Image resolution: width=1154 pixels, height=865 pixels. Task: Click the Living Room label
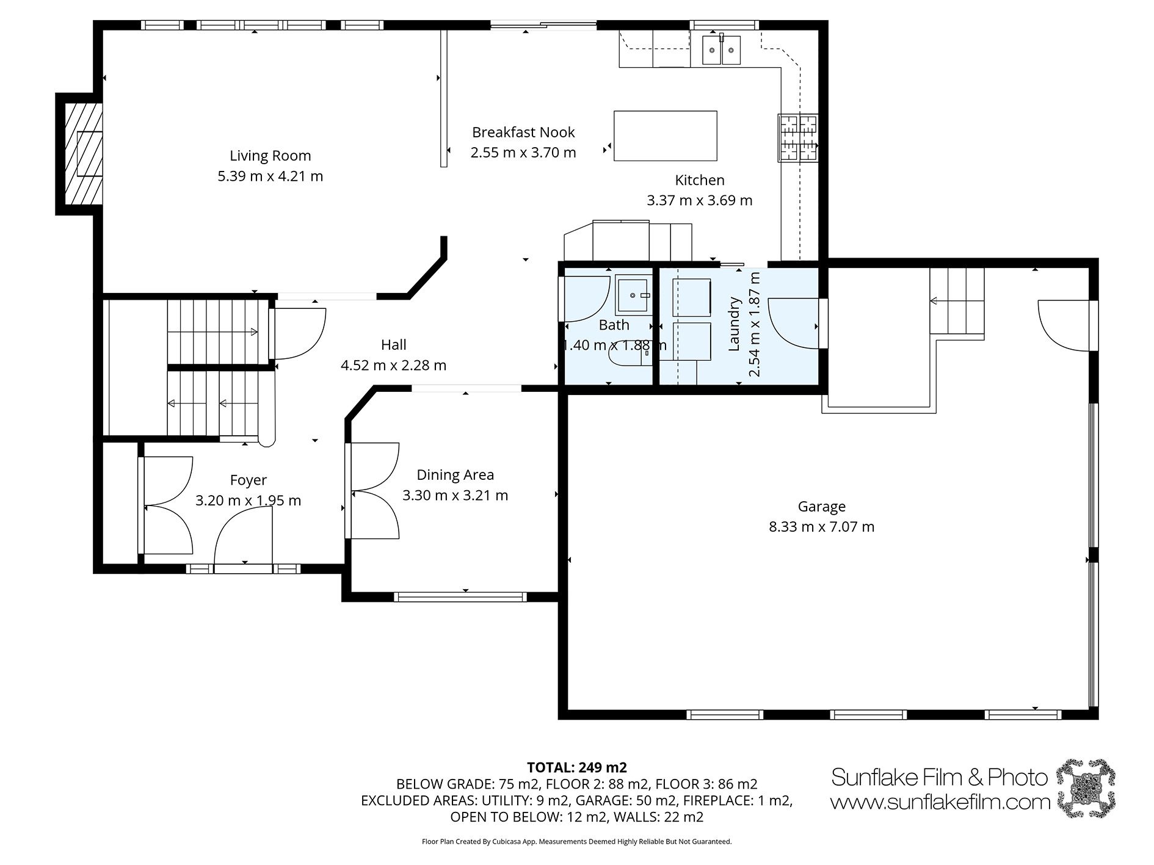point(270,156)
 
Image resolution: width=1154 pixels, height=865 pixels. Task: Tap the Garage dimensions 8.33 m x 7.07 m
point(821,526)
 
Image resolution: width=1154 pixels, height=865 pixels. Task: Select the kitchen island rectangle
point(665,136)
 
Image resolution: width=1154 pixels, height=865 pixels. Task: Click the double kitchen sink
point(721,49)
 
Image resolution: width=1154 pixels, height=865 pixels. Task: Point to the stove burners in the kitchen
point(797,138)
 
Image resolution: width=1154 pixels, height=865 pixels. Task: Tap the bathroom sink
point(634,295)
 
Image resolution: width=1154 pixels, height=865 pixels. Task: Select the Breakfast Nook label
point(523,132)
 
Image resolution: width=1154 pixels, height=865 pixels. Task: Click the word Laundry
point(734,324)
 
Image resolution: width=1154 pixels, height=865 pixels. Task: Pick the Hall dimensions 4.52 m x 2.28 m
point(393,365)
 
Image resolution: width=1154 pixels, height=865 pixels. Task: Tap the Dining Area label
point(455,474)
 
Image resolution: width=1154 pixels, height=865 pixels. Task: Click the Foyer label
point(248,480)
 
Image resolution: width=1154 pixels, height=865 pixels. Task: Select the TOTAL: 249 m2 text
point(577,767)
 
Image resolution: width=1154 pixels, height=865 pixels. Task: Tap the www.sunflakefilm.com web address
point(940,802)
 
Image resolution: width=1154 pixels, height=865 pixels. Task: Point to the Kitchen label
point(700,180)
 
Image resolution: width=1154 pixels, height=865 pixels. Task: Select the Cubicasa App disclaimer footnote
point(576,841)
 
